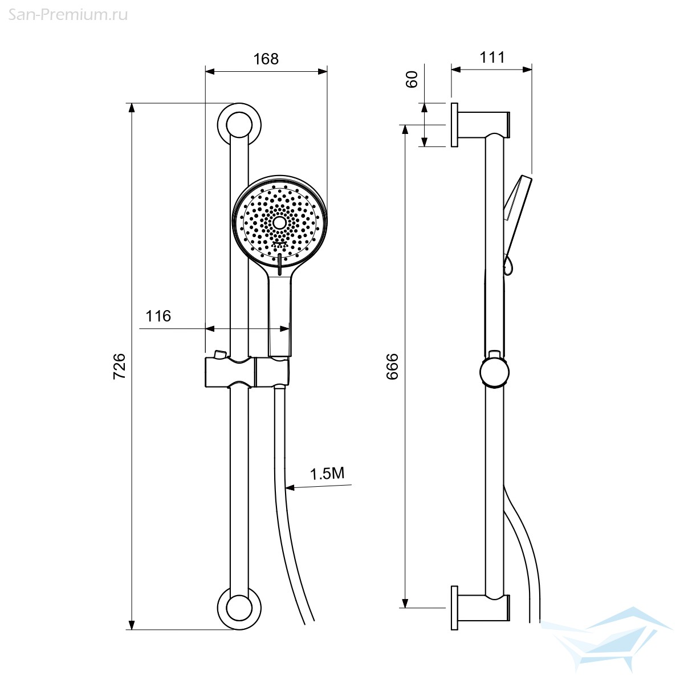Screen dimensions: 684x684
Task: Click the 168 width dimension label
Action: pos(266,59)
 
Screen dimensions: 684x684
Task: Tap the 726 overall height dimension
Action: pos(119,367)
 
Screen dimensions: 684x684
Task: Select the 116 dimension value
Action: pos(158,316)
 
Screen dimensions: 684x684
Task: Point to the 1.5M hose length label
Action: pos(327,474)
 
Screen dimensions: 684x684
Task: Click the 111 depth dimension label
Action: pos(492,57)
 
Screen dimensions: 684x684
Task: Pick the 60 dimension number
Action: pos(412,79)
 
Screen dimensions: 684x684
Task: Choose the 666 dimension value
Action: pos(392,367)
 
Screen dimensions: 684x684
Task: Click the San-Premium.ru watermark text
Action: pos(68,15)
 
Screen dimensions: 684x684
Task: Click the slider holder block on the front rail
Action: pos(247,372)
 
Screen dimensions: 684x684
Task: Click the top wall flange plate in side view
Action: pos(454,125)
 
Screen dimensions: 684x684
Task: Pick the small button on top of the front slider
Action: pos(219,354)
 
